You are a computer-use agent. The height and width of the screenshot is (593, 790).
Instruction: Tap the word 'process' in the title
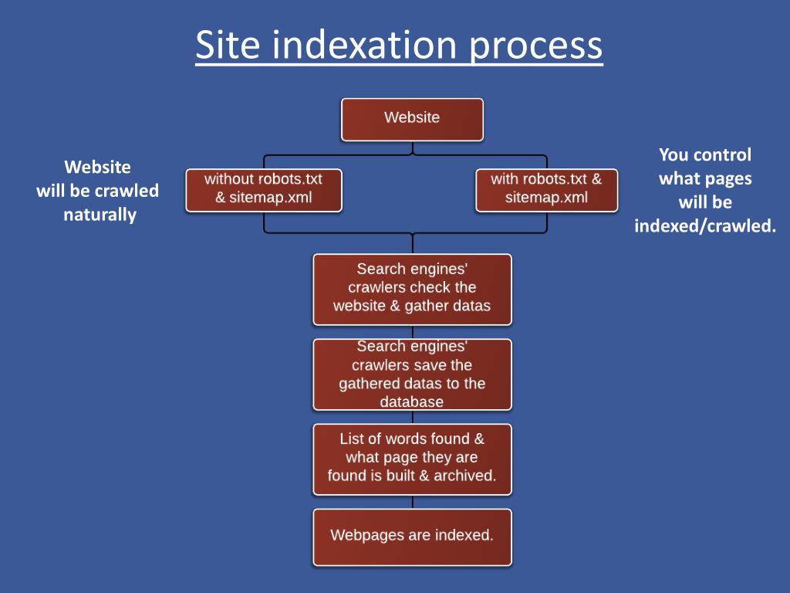pos(535,46)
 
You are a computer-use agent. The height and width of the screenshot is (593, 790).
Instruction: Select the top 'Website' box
pos(412,119)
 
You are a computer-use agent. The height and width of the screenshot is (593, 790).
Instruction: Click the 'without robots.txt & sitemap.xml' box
pos(263,189)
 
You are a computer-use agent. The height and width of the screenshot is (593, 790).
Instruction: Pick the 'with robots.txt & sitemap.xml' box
pos(546,189)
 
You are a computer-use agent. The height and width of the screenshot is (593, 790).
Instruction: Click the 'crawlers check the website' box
pos(412,288)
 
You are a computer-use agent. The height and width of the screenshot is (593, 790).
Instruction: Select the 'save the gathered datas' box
pos(412,374)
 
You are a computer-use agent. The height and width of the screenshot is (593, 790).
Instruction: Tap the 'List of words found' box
pos(412,458)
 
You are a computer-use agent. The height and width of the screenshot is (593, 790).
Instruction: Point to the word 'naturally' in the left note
pos(100,215)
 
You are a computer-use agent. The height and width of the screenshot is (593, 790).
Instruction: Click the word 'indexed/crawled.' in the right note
pos(705,226)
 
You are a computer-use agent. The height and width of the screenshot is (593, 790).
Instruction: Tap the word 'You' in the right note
pos(674,154)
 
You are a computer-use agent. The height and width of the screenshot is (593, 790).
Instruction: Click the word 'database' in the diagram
pos(412,402)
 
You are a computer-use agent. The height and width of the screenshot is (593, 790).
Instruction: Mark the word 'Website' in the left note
pos(97,167)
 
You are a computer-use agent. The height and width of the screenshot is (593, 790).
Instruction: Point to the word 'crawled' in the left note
pos(127,191)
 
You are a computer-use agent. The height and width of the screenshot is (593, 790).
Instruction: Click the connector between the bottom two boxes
pos(412,502)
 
